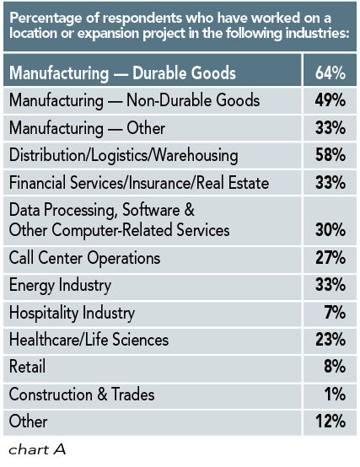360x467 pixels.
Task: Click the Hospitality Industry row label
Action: [72, 314]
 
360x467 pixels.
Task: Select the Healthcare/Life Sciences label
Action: [89, 341]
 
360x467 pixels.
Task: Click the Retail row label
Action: [28, 368]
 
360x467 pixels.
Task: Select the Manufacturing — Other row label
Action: [87, 128]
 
